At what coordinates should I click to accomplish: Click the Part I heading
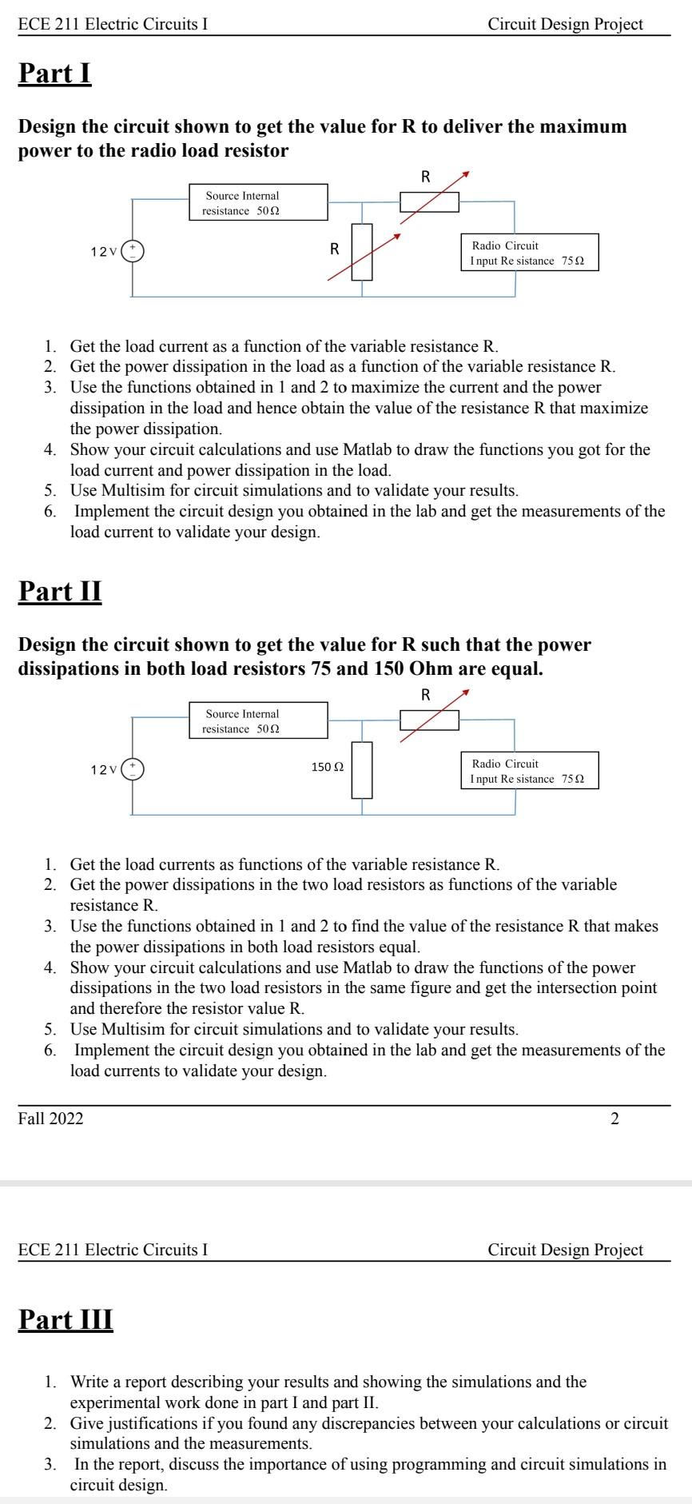click(55, 74)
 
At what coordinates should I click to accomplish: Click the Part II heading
click(60, 592)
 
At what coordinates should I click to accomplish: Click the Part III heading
click(66, 1319)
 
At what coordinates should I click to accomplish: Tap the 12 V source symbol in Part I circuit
click(133, 252)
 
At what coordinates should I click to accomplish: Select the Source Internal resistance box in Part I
click(259, 202)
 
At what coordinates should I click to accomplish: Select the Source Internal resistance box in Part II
click(259, 720)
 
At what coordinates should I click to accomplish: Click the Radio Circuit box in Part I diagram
click(529, 253)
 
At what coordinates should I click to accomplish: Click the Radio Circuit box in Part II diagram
click(529, 771)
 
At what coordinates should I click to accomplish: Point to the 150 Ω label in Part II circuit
click(327, 767)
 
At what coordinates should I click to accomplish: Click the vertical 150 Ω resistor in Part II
click(362, 770)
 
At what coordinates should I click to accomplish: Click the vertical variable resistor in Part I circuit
click(362, 252)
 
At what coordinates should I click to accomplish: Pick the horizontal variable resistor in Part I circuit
click(429, 202)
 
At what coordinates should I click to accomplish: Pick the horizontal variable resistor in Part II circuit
click(429, 720)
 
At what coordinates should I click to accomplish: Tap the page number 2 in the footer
click(614, 1119)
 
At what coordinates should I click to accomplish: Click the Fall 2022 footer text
click(50, 1119)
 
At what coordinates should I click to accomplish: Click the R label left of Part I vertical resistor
click(335, 249)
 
